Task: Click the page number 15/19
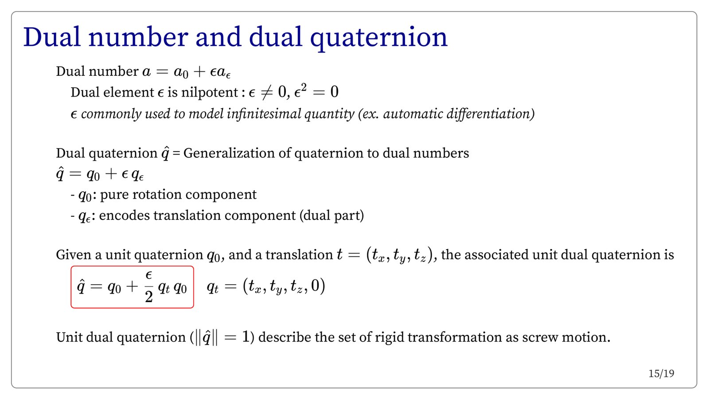(x=661, y=374)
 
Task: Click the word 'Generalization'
(x=229, y=153)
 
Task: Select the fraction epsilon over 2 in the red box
(x=149, y=287)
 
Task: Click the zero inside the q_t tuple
(x=315, y=286)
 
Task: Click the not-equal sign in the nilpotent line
(x=266, y=93)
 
